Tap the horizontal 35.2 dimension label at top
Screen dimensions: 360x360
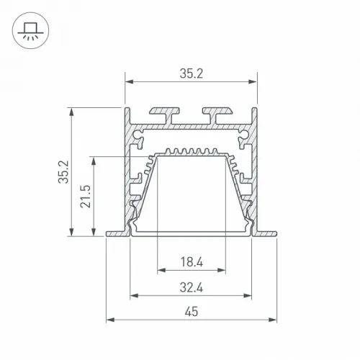[192, 73]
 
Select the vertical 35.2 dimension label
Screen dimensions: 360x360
[63, 172]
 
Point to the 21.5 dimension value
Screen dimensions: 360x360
[86, 196]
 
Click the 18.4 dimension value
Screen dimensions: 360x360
[192, 262]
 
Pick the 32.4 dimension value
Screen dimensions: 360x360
[192, 287]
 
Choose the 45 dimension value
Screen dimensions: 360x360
[192, 312]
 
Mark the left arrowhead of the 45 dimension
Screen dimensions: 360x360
[110, 320]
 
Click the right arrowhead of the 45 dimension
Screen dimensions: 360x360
[273, 320]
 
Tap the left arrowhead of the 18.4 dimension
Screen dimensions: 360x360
[161, 270]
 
